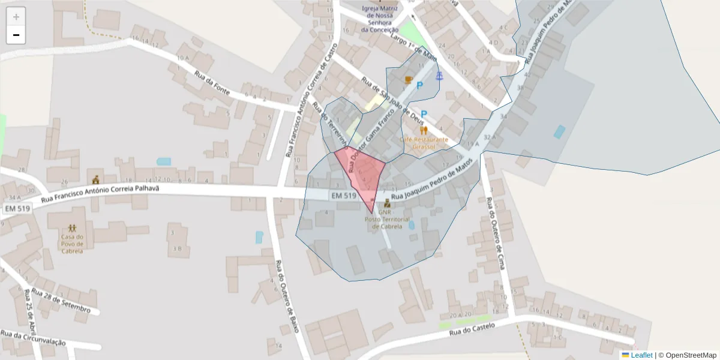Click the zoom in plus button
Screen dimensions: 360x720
[x=16, y=17]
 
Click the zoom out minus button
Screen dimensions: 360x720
[x=16, y=35]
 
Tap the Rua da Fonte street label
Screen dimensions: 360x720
[x=212, y=82]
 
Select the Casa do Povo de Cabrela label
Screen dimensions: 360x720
[x=71, y=243]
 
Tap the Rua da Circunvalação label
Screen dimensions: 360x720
[x=33, y=338]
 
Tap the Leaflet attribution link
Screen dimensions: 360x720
[x=641, y=355]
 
